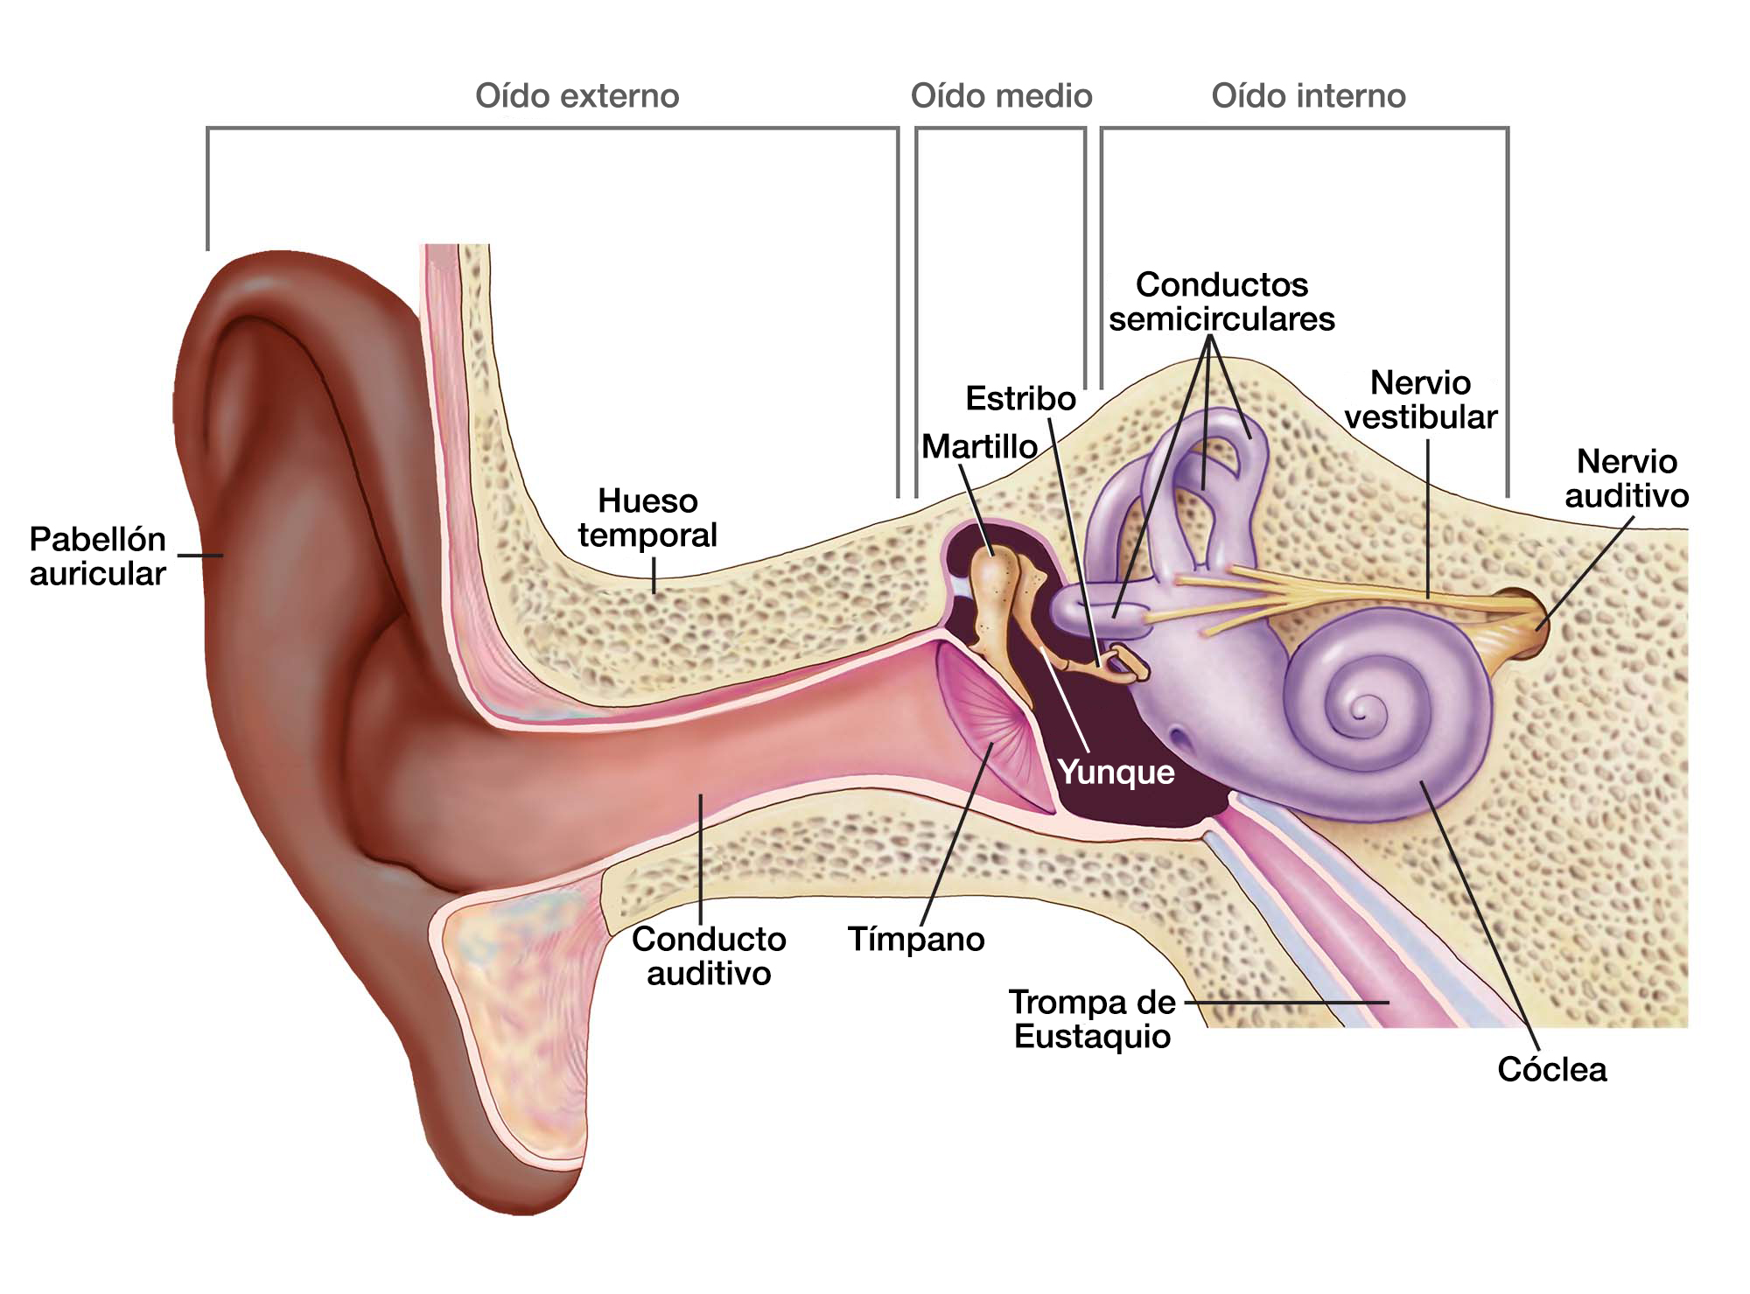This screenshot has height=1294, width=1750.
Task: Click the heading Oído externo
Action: pyautogui.click(x=577, y=95)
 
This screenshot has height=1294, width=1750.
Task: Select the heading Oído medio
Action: pyautogui.click(x=1001, y=95)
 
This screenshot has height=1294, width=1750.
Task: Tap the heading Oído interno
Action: pyautogui.click(x=1308, y=95)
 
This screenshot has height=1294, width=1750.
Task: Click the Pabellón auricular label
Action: pyautogui.click(x=97, y=556)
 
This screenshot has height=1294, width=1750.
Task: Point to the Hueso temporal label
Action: pyautogui.click(x=647, y=517)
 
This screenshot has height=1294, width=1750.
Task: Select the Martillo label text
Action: pyautogui.click(x=979, y=446)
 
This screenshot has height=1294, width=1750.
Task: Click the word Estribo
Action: pyautogui.click(x=1020, y=398)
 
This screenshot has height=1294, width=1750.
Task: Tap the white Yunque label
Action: pyautogui.click(x=1116, y=772)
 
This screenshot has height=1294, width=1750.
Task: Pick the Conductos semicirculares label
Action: pyautogui.click(x=1221, y=301)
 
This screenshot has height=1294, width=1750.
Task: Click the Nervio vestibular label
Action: pyautogui.click(x=1421, y=399)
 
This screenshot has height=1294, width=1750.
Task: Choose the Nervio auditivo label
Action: pyautogui.click(x=1627, y=478)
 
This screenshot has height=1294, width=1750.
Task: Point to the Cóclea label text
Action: pyautogui.click(x=1551, y=1069)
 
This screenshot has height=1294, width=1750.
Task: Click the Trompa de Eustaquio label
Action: pyautogui.click(x=1092, y=1018)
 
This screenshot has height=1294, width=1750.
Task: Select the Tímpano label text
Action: pyautogui.click(x=916, y=939)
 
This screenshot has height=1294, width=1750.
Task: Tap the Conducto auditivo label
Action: pyautogui.click(x=709, y=955)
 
